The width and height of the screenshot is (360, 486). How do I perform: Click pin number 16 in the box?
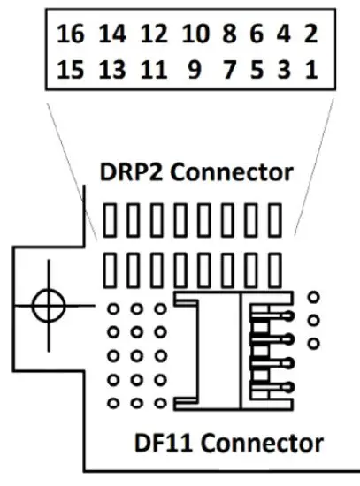coord(70,35)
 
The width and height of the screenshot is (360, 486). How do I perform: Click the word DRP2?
coord(134,171)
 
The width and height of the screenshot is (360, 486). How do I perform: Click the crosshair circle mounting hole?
coord(48,306)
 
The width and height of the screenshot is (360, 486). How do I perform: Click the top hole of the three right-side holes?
coord(313,298)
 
